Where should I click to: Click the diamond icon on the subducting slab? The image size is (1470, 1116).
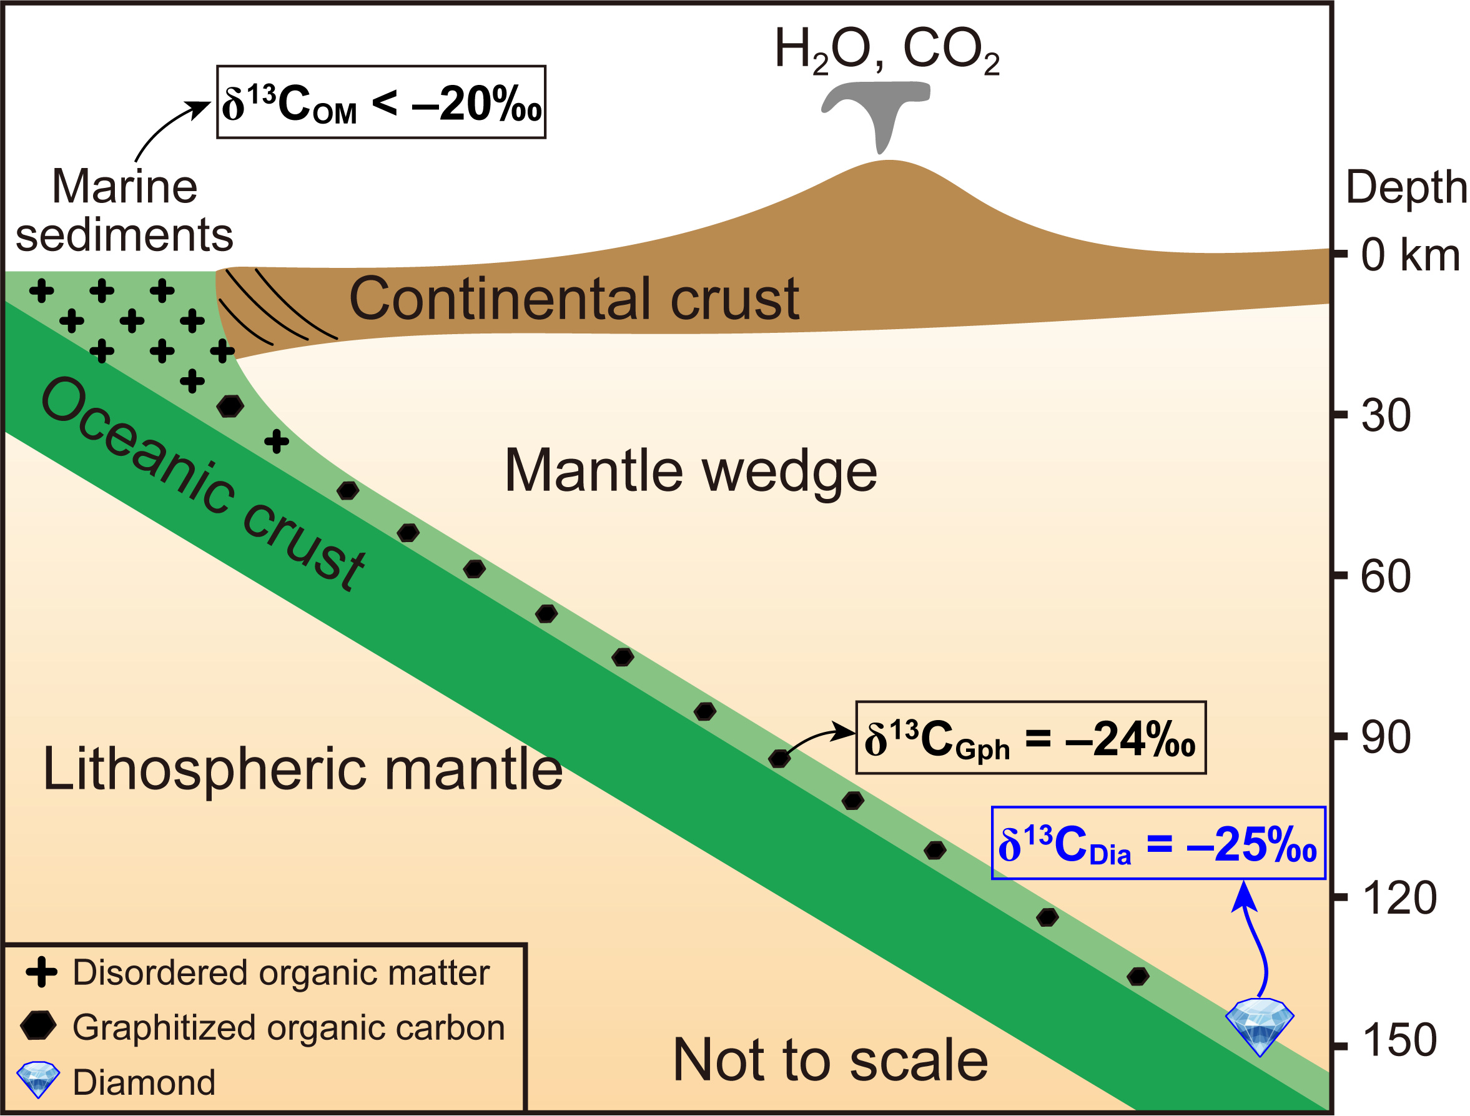coord(1259,1025)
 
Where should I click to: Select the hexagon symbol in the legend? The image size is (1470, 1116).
coord(39,1025)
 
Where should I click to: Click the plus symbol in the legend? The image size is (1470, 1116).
coord(41,972)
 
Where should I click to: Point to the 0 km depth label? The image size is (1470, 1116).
coord(1409,255)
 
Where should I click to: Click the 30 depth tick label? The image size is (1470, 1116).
coord(1386,416)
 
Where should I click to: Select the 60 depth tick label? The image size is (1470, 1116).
coord(1386,576)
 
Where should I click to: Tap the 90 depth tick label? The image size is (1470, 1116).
coord(1386,738)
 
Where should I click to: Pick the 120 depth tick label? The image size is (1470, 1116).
coord(1399,899)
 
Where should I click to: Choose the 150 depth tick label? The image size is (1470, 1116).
coord(1399,1040)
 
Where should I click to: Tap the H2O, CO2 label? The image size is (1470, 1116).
coord(887,51)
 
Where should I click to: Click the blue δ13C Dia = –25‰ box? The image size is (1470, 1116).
coord(1158,844)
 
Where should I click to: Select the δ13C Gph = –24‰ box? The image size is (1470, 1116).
coord(1030,738)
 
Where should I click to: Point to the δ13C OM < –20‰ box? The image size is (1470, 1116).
coord(381,102)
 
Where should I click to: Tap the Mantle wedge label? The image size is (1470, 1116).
coord(691,471)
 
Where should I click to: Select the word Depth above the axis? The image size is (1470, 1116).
coord(1405,187)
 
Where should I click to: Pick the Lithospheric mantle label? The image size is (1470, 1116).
coord(302,769)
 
